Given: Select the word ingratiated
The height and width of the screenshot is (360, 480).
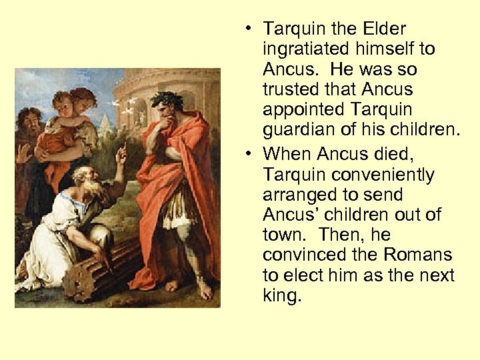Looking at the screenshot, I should tap(307, 49).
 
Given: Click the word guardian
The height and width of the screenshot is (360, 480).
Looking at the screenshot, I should tap(297, 129).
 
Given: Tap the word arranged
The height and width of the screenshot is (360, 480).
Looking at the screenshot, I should tap(298, 195).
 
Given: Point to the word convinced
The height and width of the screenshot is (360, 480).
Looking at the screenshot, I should tap(304, 255).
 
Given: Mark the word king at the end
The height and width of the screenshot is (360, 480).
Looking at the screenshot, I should tap(281, 295).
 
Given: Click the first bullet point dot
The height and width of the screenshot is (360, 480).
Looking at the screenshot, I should tap(247, 29).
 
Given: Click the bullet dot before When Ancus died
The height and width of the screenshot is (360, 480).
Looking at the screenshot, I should tap(247, 154).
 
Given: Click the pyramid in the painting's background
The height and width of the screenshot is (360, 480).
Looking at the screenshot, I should tap(107, 120).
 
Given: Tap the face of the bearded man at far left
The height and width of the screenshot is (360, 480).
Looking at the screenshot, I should tap(27, 124).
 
